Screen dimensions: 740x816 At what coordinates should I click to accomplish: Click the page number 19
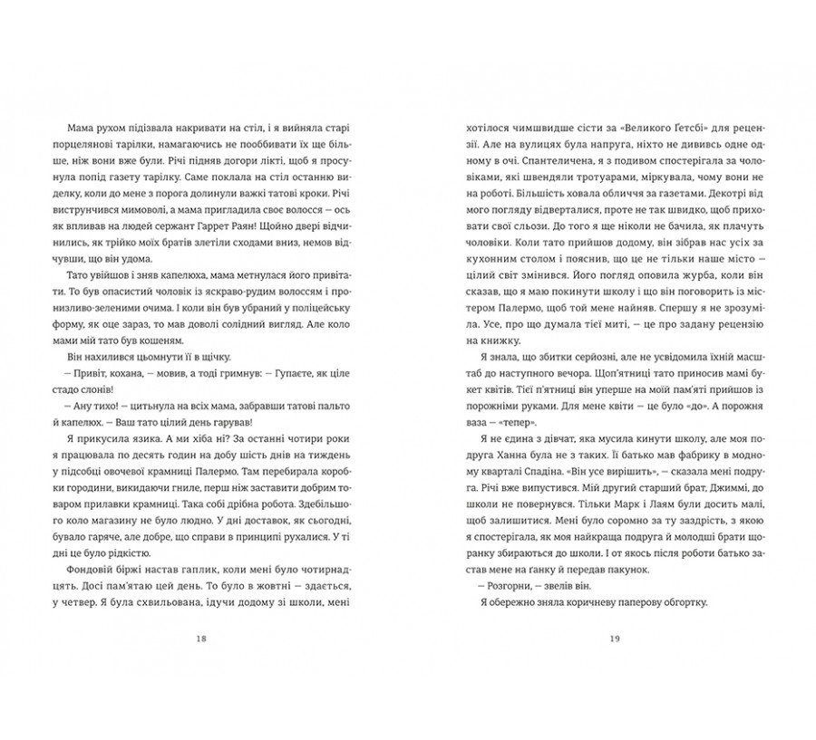point(615,639)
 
